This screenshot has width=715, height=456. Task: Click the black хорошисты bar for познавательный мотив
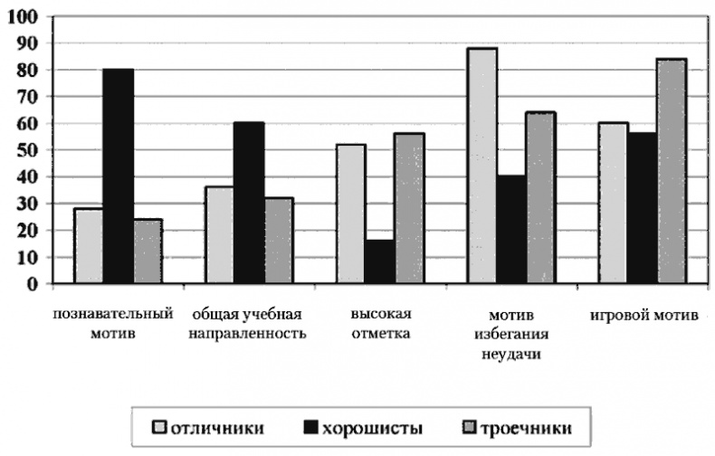(x=118, y=176)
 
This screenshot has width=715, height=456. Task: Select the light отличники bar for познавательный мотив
(x=89, y=246)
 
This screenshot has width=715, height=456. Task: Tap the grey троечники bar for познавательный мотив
(x=147, y=252)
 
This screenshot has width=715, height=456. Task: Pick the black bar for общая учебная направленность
(x=249, y=204)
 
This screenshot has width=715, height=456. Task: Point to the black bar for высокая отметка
(x=380, y=262)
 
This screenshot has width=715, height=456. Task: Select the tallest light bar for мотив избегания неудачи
(x=482, y=166)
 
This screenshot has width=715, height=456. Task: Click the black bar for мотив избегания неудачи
(x=511, y=231)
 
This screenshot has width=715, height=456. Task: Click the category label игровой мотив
(x=643, y=316)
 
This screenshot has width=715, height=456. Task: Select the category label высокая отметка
(x=381, y=324)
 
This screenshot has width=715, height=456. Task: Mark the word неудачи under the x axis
(x=512, y=354)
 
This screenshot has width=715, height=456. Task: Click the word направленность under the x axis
(x=249, y=334)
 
